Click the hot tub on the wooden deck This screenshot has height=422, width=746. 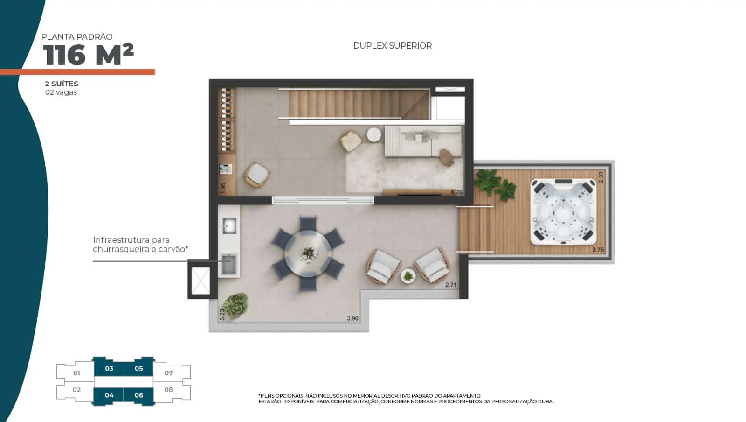click(563, 212)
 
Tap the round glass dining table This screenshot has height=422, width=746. click(308, 253)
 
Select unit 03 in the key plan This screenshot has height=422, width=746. click(109, 368)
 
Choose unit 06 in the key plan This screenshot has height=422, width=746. click(139, 395)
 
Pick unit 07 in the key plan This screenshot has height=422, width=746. click(168, 373)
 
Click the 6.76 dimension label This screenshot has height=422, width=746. click(456, 192)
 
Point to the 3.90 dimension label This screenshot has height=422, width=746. click(352, 318)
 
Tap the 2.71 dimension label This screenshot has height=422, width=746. click(450, 285)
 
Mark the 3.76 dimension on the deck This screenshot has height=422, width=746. click(598, 250)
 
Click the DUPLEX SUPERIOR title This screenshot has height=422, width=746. click(392, 46)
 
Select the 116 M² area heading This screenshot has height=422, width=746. click(88, 54)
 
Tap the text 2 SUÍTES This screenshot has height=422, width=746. click(62, 84)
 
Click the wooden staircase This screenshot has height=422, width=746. click(359, 104)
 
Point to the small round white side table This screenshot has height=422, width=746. click(373, 134)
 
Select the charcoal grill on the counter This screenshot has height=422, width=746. click(229, 264)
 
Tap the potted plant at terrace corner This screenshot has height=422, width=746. click(236, 305)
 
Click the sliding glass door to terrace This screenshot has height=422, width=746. click(323, 200)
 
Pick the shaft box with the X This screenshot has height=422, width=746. click(201, 281)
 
